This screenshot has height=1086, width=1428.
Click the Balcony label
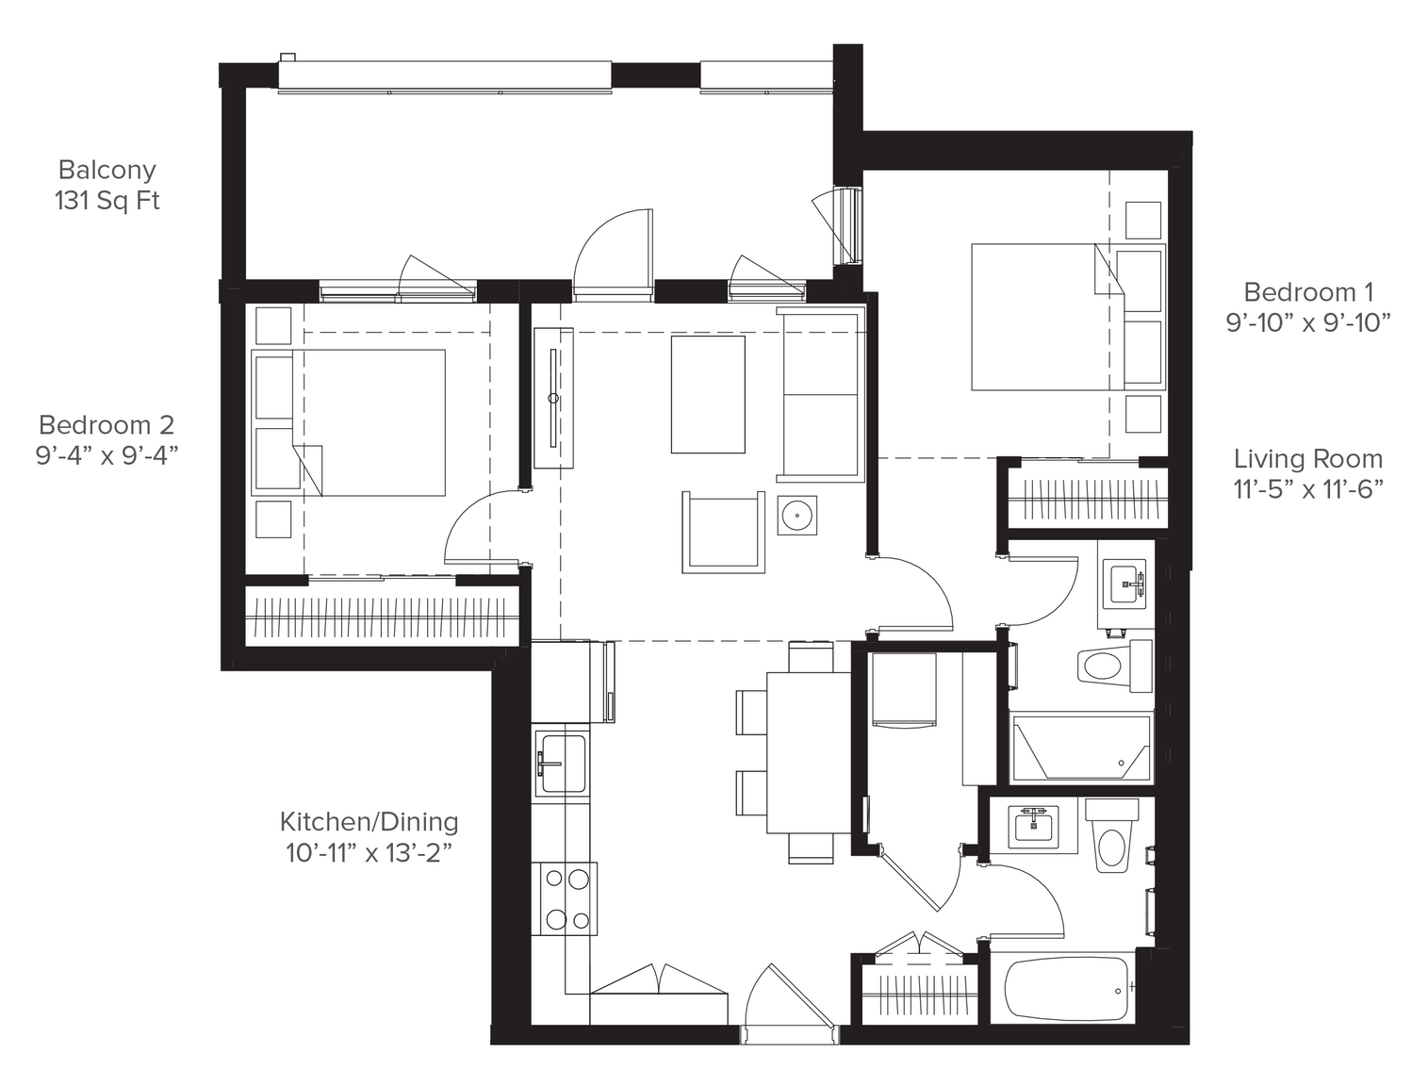click(107, 170)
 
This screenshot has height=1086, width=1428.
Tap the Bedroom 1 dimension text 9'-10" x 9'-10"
click(1308, 322)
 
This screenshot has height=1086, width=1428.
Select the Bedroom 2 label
click(107, 425)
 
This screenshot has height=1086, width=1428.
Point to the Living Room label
click(1308, 459)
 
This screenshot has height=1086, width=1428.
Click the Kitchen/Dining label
click(369, 822)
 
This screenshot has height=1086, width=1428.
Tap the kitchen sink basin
click(562, 764)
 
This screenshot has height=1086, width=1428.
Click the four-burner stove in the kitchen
click(564, 899)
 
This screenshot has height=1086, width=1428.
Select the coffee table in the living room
click(708, 394)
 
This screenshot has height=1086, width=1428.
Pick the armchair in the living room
click(724, 532)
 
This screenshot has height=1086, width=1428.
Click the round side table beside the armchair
click(797, 516)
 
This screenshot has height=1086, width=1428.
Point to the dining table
click(809, 753)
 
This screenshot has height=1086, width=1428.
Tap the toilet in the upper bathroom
click(1114, 666)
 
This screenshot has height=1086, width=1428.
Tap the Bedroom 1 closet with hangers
click(1087, 499)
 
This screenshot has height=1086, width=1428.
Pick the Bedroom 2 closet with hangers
click(382, 617)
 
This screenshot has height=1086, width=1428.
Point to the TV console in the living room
click(553, 398)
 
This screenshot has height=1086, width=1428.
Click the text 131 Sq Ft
click(107, 201)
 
